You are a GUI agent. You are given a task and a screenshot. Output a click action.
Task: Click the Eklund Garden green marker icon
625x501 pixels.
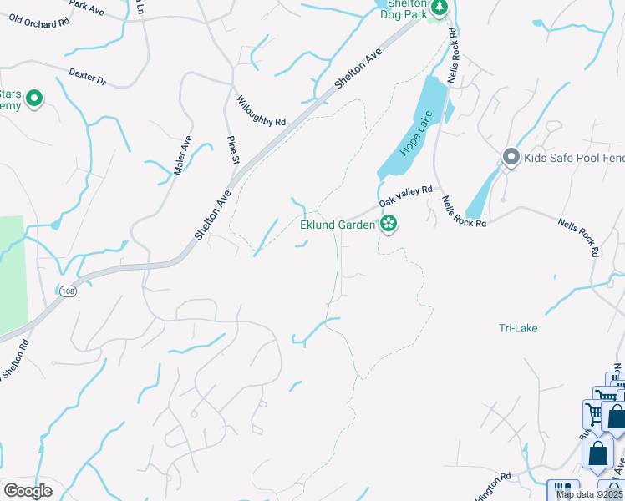point(388,224)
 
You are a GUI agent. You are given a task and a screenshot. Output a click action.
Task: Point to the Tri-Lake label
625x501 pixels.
point(518,328)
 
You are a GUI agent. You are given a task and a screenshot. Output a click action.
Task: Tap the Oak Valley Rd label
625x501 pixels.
point(405,196)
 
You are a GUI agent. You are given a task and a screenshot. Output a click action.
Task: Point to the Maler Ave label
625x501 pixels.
point(183,155)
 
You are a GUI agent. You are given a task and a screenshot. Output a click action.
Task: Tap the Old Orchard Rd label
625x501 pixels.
point(38,20)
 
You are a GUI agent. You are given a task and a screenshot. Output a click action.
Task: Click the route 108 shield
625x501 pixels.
point(68,291)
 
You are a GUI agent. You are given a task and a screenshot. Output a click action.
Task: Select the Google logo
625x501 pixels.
point(28,491)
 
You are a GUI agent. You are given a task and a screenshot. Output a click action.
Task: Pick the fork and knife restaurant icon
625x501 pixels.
point(562,491)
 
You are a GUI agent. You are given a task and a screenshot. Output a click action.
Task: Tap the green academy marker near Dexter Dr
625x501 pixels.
point(34,99)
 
